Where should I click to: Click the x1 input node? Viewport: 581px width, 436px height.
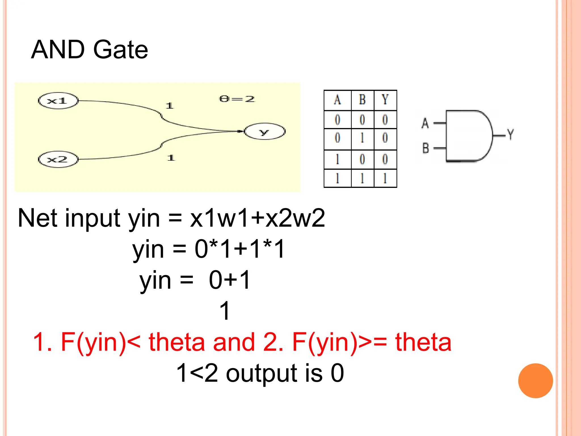58,101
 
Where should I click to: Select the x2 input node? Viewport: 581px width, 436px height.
58,160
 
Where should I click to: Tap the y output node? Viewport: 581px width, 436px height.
264,131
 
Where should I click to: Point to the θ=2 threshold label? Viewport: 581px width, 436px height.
237,99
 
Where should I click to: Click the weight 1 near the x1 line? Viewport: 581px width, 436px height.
170,106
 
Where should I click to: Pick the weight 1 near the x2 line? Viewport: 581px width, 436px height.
171,158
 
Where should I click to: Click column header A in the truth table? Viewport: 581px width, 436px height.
337,100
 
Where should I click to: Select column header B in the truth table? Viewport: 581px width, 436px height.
362,100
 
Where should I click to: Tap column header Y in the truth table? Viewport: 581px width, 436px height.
385,100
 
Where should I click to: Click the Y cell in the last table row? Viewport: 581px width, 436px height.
385,179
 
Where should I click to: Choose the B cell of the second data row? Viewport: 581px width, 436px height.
362,138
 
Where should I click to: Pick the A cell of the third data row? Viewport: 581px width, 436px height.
337,159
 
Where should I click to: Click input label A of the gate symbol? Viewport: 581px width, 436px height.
425,123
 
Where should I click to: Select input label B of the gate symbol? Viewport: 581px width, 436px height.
426,148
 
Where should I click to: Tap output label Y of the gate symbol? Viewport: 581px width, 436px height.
510,135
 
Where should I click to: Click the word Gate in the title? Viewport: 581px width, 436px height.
121,50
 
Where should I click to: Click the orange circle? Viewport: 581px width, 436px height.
535,381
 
